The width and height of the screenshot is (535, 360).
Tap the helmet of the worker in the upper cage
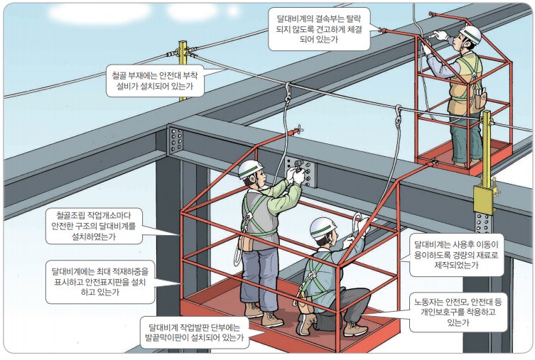click(x=472, y=33)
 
